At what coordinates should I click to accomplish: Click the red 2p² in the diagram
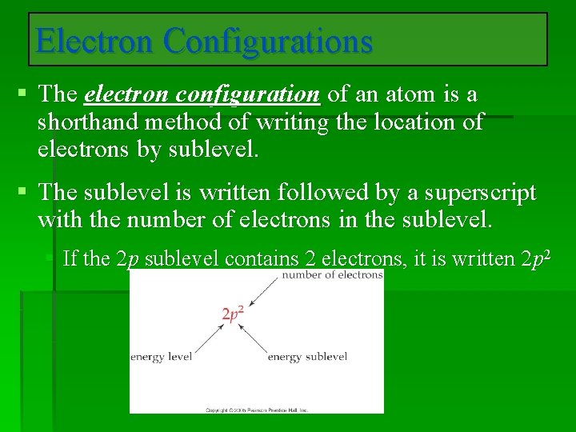tap(232, 314)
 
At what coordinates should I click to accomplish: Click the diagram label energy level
tap(161, 357)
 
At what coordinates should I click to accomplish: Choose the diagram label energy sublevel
tap(307, 357)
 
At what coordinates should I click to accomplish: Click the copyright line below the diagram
tap(256, 410)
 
